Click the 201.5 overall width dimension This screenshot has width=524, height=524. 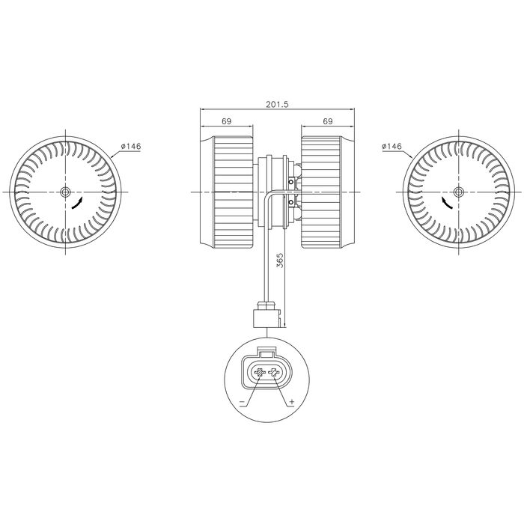(277, 104)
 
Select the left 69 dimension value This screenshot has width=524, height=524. (227, 121)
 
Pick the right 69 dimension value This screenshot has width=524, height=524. (328, 121)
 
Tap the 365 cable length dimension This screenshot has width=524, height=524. (280, 260)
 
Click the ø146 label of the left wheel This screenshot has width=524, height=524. (131, 146)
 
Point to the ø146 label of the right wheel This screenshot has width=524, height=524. (392, 146)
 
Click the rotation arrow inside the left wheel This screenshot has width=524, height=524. (77, 203)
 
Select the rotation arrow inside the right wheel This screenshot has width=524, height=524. (447, 203)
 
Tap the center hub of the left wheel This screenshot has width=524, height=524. (66, 192)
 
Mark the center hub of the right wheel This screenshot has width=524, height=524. (458, 192)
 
